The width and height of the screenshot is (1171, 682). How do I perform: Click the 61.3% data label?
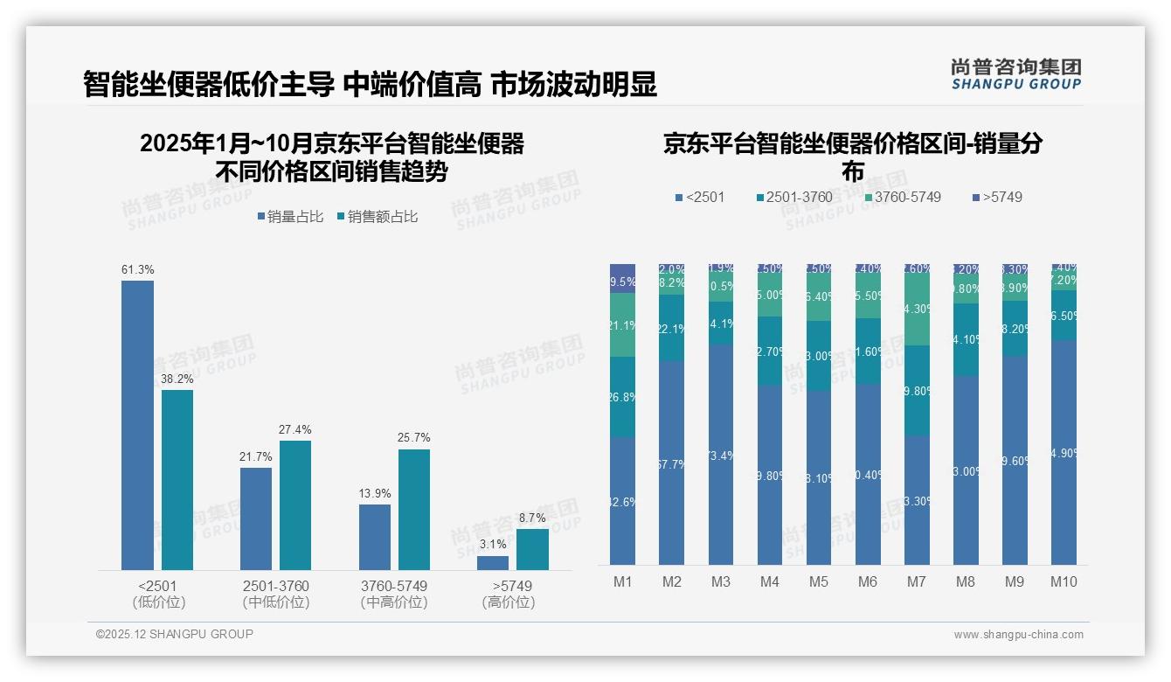click(x=137, y=270)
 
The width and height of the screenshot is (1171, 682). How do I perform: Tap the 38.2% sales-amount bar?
click(x=177, y=480)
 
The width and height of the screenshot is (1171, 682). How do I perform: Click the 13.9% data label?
click(x=375, y=494)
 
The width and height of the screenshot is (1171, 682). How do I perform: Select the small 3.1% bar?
click(x=493, y=563)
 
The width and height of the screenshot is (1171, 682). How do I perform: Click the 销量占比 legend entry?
click(x=292, y=217)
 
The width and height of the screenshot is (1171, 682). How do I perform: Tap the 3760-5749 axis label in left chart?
click(x=394, y=586)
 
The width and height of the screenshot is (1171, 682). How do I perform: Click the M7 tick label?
click(x=916, y=582)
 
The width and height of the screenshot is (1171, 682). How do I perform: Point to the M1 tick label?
click(x=622, y=582)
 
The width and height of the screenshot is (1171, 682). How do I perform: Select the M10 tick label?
click(x=1064, y=582)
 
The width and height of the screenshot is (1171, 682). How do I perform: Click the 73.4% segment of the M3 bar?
click(x=720, y=454)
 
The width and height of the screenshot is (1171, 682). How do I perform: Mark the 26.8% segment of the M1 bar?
click(x=622, y=397)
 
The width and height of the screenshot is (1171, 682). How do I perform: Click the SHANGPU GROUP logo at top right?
click(x=1015, y=73)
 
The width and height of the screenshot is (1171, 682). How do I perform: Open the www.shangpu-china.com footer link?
click(x=1018, y=635)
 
